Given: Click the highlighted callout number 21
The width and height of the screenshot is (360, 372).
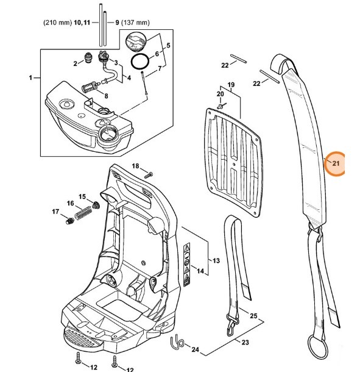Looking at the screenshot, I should (336, 163).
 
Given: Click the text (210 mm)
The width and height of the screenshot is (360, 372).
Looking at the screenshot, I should (57, 23).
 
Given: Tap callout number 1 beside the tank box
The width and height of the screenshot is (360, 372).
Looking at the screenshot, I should (30, 78).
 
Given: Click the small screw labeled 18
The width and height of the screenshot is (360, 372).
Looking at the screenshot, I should (148, 174).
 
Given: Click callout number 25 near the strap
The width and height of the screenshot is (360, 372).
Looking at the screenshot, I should (253, 316).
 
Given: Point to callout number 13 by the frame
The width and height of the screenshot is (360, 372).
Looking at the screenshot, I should (216, 260).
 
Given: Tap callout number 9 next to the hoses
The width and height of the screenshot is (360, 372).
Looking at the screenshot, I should (118, 23).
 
